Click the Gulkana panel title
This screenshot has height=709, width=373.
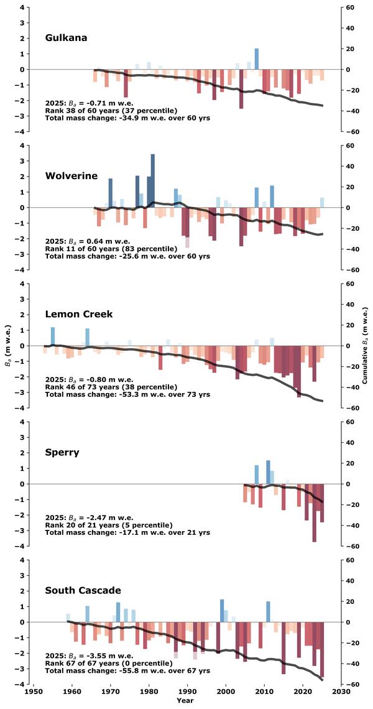click(x=66, y=38)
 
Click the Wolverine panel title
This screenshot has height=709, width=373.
click(x=71, y=176)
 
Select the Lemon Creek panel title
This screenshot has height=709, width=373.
click(x=78, y=314)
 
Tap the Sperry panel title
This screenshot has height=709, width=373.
click(x=62, y=452)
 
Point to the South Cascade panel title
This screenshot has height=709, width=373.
click(x=83, y=590)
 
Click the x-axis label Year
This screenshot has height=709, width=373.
click(x=185, y=701)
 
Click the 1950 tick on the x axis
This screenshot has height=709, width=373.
click(x=34, y=691)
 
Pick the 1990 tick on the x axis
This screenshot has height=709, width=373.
click(x=187, y=691)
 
